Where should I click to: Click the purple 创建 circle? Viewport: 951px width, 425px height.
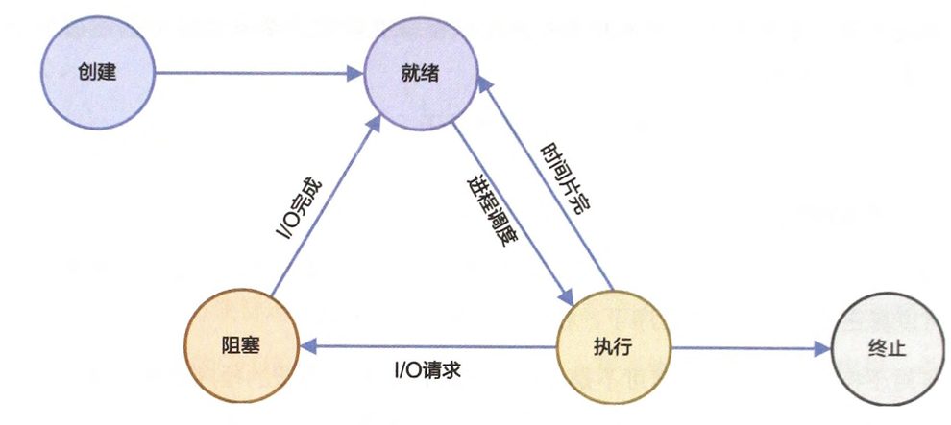tap(99, 73)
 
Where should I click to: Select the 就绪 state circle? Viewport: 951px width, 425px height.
tap(422, 73)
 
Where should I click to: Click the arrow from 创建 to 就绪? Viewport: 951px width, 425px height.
tap(255, 73)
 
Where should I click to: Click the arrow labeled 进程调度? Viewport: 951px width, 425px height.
tap(514, 206)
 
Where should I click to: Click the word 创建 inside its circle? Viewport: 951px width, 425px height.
tap(99, 73)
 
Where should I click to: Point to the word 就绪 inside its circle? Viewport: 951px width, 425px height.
tap(422, 73)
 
